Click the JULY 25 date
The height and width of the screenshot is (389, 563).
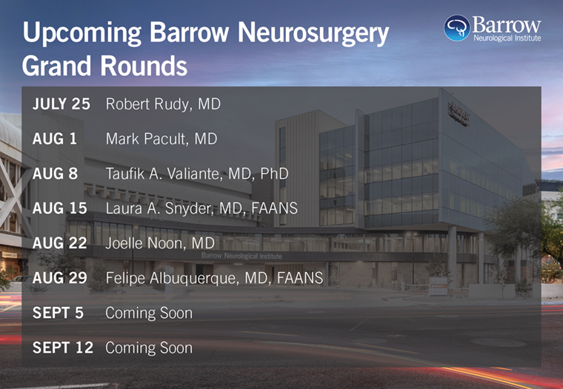click(x=61, y=104)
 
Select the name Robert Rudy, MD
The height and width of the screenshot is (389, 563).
click(x=163, y=104)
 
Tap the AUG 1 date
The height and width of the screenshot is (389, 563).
click(x=55, y=139)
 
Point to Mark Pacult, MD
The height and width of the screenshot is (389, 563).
click(x=161, y=139)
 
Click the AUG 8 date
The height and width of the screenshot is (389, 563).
click(x=55, y=174)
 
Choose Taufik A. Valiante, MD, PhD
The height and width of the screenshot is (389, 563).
click(x=197, y=174)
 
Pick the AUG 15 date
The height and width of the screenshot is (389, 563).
click(x=59, y=209)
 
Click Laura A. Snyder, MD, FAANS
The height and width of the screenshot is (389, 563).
click(x=201, y=209)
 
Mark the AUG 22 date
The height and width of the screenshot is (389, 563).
click(x=59, y=243)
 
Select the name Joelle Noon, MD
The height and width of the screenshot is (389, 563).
click(x=160, y=243)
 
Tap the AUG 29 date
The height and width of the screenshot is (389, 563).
click(x=59, y=278)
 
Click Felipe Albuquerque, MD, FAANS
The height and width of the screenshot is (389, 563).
click(x=214, y=279)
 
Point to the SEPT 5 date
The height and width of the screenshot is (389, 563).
click(x=58, y=313)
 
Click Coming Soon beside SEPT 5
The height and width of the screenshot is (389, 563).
click(x=149, y=314)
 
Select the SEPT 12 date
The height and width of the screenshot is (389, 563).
click(x=63, y=348)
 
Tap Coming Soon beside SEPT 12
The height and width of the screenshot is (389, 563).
click(x=149, y=348)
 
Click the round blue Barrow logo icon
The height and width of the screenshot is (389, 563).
click(x=457, y=28)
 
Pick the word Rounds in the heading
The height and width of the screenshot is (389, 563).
click(x=144, y=66)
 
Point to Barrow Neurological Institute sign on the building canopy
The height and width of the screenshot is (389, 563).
click(x=241, y=256)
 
